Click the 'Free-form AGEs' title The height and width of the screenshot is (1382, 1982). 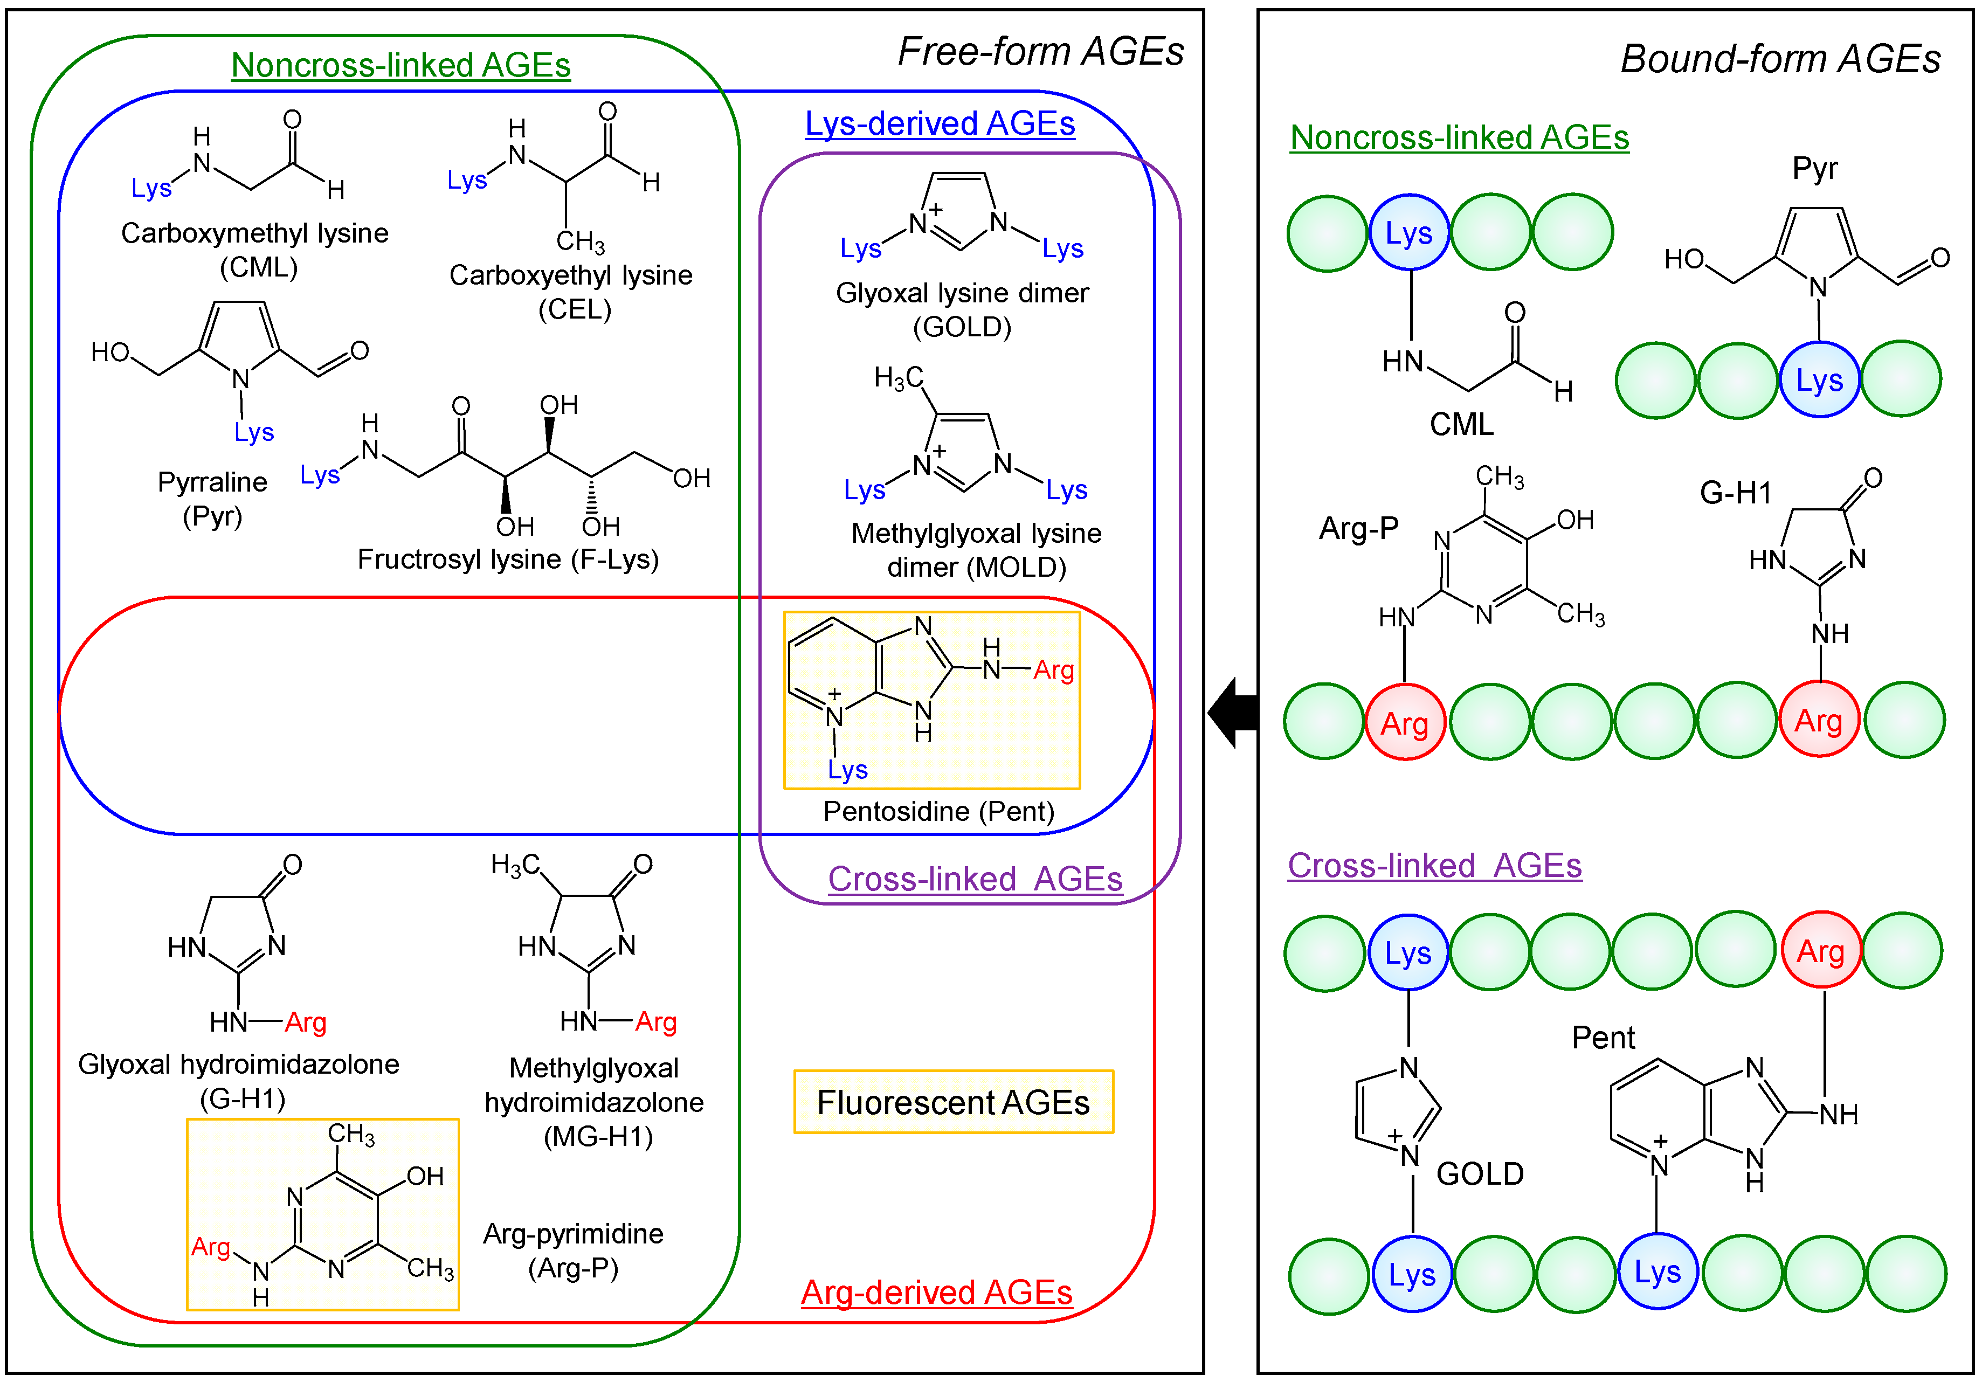pyautogui.click(x=1040, y=52)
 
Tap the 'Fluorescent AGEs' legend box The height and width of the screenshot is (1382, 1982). pyautogui.click(x=953, y=1102)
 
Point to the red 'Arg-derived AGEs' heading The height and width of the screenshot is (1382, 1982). pyautogui.click(x=937, y=1292)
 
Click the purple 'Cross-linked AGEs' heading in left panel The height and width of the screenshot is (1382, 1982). pyautogui.click(x=975, y=879)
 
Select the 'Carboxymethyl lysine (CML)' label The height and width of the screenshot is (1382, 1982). pyautogui.click(x=255, y=250)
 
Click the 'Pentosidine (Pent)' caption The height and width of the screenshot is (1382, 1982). pyautogui.click(x=938, y=811)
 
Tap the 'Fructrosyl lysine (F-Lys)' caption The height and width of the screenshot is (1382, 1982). pyautogui.click(x=508, y=559)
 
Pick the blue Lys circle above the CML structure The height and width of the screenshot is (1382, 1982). pyautogui.click(x=1409, y=233)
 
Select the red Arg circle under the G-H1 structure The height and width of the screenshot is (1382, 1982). pyautogui.click(x=1818, y=720)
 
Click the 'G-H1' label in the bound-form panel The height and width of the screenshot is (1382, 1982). pyautogui.click(x=1735, y=493)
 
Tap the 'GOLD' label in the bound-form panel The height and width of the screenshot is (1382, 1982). pyautogui.click(x=1480, y=1174)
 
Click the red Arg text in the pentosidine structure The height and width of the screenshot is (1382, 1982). pyautogui.click(x=1053, y=670)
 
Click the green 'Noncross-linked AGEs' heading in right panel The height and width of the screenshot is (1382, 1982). pyautogui.click(x=1459, y=137)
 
